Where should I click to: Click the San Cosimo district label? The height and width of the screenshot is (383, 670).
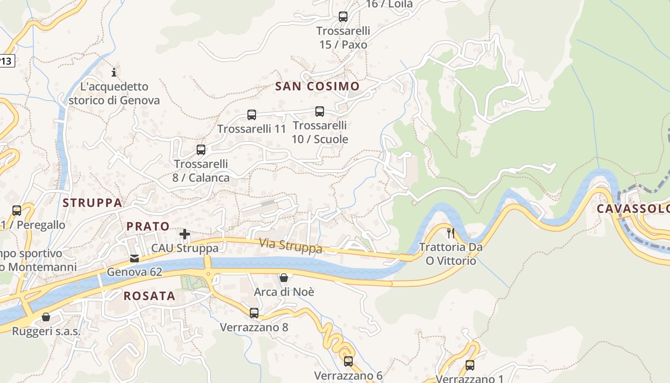(317, 86)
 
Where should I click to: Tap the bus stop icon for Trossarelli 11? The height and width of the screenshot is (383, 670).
(252, 115)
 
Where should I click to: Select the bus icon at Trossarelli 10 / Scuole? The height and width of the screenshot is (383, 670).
(320, 112)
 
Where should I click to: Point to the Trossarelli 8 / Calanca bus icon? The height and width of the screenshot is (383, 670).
(201, 150)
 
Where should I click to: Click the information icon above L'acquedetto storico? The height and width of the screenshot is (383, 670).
(114, 73)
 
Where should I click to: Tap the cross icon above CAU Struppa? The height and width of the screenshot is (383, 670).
(185, 234)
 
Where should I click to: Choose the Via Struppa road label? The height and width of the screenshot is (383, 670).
(290, 246)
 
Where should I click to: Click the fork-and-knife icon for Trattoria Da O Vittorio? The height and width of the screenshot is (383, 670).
(450, 233)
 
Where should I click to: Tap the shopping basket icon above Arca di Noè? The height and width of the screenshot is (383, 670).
(284, 278)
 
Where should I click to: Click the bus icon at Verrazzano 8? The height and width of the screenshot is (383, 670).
(254, 313)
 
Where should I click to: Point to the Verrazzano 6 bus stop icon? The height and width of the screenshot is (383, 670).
(348, 361)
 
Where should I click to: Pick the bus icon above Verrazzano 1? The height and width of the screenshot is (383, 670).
(470, 365)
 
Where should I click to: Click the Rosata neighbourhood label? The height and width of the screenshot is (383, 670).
(149, 296)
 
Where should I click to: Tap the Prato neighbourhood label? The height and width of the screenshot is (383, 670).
(148, 226)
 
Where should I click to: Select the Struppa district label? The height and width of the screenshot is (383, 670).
(92, 203)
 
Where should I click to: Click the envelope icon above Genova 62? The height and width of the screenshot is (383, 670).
(134, 259)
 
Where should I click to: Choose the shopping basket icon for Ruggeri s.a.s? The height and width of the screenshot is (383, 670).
(46, 317)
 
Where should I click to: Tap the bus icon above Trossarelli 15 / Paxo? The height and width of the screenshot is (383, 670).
(343, 17)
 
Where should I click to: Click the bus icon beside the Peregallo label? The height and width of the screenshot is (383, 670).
(17, 211)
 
